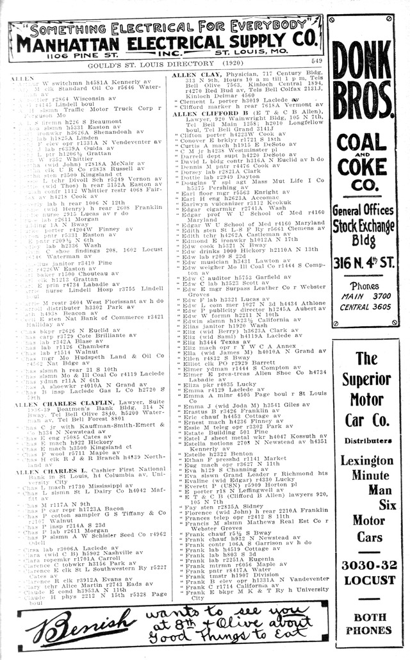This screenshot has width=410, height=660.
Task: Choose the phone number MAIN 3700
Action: [362, 296]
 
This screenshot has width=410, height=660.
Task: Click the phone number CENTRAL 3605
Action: [362, 306]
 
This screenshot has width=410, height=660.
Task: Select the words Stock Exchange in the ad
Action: [362, 225]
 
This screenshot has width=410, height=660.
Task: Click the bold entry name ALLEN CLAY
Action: [196, 75]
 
